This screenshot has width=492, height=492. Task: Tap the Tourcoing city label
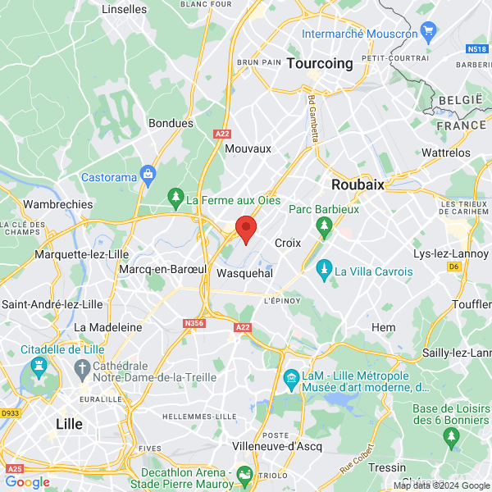(x=319, y=63)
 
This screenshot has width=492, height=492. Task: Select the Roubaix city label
(x=358, y=184)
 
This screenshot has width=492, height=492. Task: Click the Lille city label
(x=68, y=424)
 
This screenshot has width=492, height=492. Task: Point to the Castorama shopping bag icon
(x=148, y=173)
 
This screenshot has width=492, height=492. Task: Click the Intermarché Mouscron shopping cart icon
(x=428, y=31)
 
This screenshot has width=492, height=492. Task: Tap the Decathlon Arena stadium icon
(x=244, y=474)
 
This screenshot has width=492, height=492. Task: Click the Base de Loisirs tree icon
(x=449, y=440)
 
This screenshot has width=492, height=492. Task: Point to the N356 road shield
(x=194, y=324)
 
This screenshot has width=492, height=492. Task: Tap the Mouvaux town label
(x=248, y=148)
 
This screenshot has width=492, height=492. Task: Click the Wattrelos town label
(x=445, y=153)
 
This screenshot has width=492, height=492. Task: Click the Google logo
(x=27, y=482)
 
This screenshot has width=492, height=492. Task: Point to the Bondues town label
(x=171, y=123)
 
